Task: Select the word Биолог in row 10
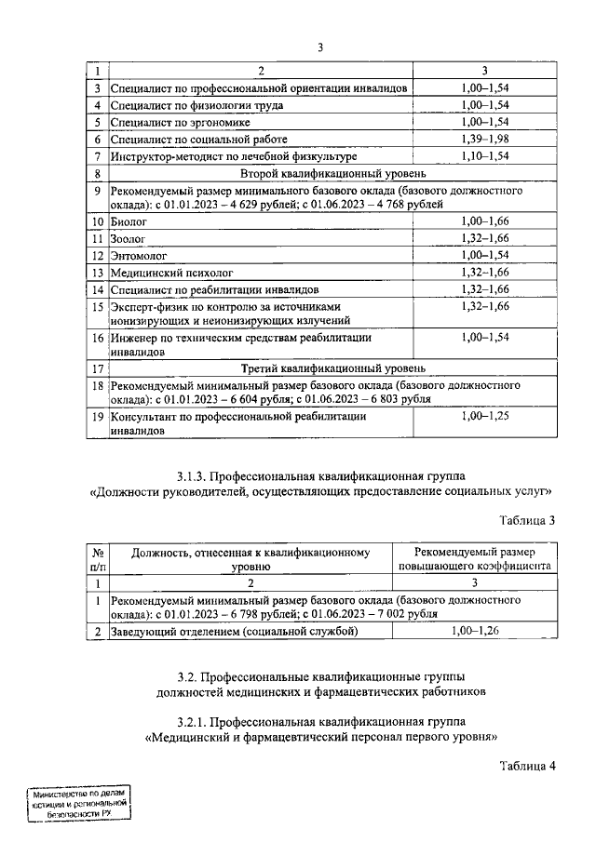(129, 222)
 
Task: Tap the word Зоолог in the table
(129, 239)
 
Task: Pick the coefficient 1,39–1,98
(485, 139)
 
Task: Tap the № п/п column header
(97, 558)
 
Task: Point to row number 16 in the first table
(97, 339)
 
